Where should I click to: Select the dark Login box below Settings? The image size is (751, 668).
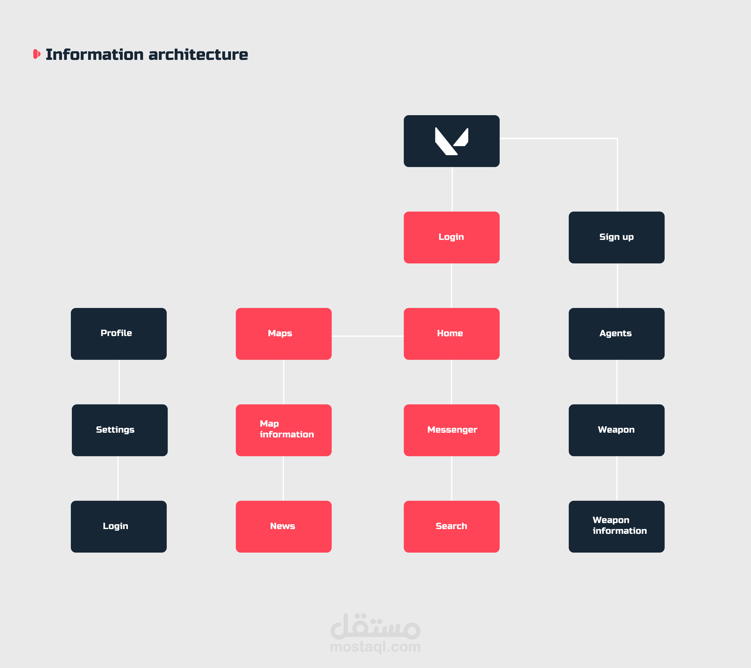118,526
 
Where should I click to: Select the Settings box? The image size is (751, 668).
119,430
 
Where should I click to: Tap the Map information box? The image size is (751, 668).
283,430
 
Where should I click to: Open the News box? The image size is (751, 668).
283,526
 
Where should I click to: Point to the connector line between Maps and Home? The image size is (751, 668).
367,336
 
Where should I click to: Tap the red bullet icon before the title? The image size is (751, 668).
36,54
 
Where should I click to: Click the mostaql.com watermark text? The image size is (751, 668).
375,647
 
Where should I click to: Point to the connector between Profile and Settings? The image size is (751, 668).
119,382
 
